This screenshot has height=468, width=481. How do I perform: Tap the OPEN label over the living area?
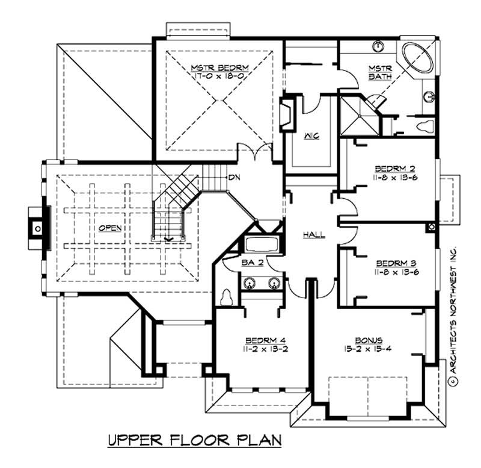tap(111, 228)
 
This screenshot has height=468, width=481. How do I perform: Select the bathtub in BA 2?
tap(260, 246)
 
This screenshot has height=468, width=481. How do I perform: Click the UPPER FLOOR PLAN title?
tap(194, 440)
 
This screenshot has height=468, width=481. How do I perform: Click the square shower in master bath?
tap(358, 115)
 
